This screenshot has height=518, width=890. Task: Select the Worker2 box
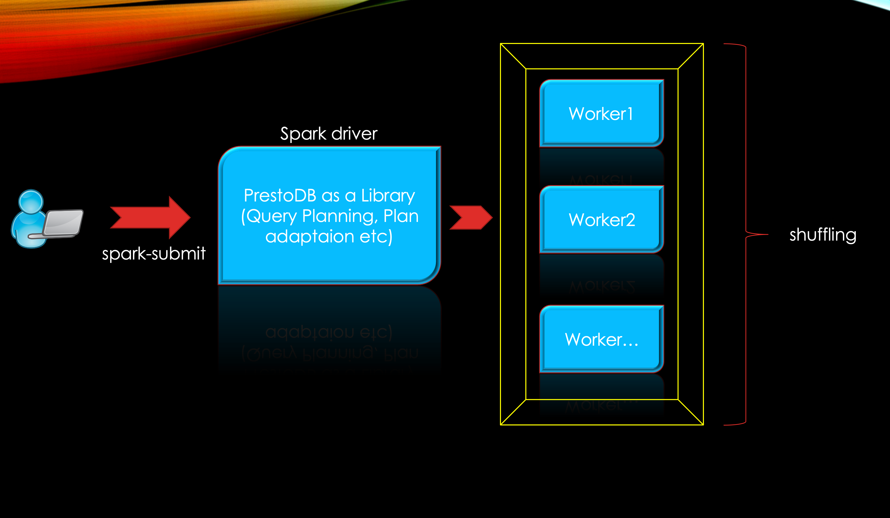[601, 219]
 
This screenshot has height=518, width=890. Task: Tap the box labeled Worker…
[601, 339]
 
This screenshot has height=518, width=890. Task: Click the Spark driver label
[328, 133]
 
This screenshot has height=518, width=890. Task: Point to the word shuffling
[823, 235]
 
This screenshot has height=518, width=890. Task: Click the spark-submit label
[154, 253]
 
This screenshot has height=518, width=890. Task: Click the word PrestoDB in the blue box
[280, 195]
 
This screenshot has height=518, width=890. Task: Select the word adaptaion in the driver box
[309, 236]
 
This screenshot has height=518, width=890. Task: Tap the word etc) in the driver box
[376, 236]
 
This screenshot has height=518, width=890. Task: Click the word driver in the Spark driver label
[354, 133]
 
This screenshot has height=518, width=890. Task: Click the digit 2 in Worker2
[629, 220]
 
